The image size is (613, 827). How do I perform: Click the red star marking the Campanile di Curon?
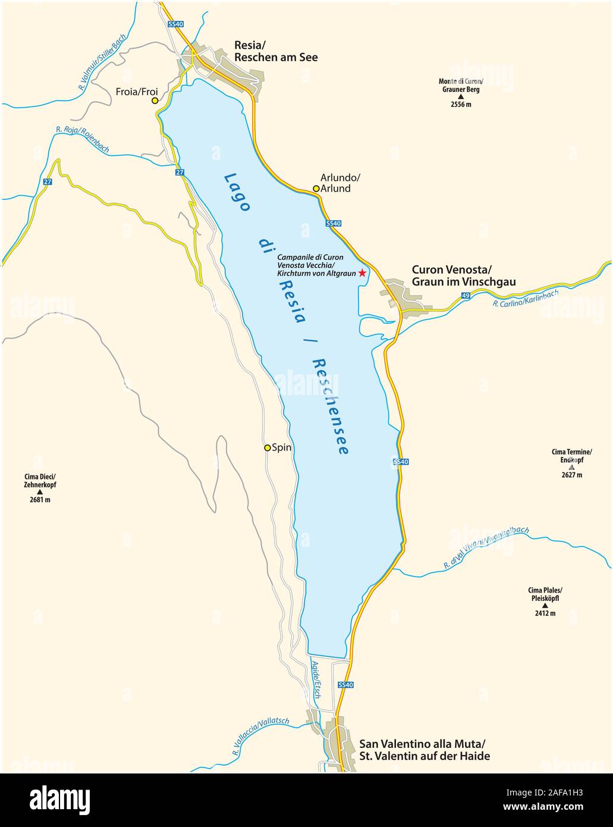tap(361, 273)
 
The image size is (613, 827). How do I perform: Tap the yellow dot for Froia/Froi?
tap(155, 101)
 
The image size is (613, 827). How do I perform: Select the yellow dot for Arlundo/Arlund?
tap(316, 189)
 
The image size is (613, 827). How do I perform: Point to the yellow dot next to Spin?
tap(268, 447)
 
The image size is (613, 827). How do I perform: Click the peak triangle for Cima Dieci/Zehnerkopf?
tap(40, 492)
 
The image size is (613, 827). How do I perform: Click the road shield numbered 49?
tap(465, 296)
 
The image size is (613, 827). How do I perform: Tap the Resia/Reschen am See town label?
tap(276, 51)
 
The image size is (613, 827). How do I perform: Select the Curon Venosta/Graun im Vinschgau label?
tap(464, 275)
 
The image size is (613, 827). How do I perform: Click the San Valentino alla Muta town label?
tap(425, 750)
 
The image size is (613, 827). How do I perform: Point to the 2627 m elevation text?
tap(571, 475)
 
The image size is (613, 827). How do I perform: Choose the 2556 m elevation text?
tap(460, 105)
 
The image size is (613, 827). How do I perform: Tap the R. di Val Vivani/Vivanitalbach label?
tap(486, 548)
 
